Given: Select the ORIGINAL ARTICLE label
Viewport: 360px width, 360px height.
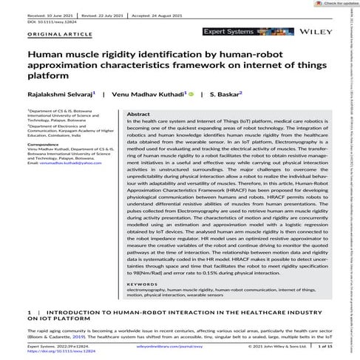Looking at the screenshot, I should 52,35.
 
